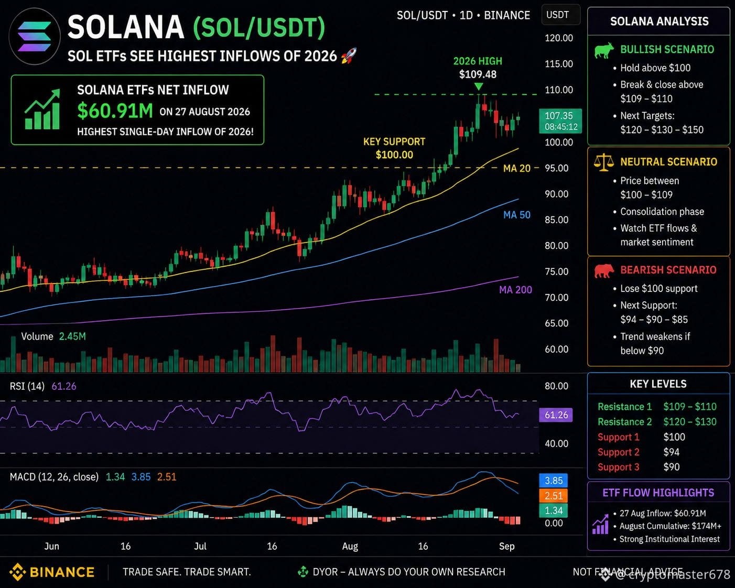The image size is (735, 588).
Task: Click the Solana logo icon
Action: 35,37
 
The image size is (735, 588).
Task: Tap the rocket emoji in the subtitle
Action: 349,56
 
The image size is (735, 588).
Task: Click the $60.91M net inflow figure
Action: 115,111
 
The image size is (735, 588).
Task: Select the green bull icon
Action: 603,50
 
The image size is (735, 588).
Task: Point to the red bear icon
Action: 604,271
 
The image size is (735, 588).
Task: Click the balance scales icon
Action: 604,162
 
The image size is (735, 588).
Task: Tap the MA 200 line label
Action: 515,290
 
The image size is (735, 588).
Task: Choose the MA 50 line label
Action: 517,215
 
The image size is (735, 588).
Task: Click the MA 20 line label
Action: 517,168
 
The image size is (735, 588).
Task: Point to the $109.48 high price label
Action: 478,74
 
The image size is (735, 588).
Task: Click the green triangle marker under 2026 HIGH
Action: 479,86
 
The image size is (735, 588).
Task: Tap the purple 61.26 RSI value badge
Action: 556,415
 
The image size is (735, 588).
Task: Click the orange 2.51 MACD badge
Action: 553,495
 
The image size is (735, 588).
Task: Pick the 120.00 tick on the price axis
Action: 559,38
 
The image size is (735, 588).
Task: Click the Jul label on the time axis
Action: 200,547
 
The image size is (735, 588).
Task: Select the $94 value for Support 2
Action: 671,452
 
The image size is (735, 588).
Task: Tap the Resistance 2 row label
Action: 624,422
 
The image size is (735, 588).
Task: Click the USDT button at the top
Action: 560,15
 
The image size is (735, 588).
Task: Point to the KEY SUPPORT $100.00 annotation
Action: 394,148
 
